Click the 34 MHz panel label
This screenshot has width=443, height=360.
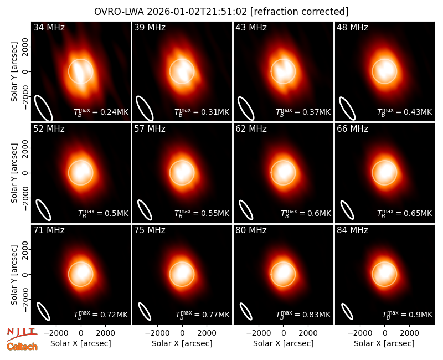click(x=49, y=27)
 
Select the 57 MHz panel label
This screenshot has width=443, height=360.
click(x=150, y=129)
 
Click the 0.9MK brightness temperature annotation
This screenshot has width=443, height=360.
click(x=420, y=315)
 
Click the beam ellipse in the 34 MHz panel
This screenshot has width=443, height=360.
click(x=43, y=107)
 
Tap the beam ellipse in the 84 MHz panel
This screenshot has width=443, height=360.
click(x=347, y=311)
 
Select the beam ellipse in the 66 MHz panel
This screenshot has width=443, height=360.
click(x=347, y=210)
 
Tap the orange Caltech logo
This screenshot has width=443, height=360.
click(x=22, y=347)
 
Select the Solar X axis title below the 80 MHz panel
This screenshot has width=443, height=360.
click(x=284, y=343)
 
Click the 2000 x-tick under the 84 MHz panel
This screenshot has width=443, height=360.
click(x=409, y=333)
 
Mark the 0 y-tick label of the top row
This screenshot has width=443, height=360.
click(x=25, y=71)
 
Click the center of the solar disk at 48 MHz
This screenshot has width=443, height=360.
click(x=384, y=71)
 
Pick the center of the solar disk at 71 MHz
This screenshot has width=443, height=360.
click(x=81, y=274)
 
